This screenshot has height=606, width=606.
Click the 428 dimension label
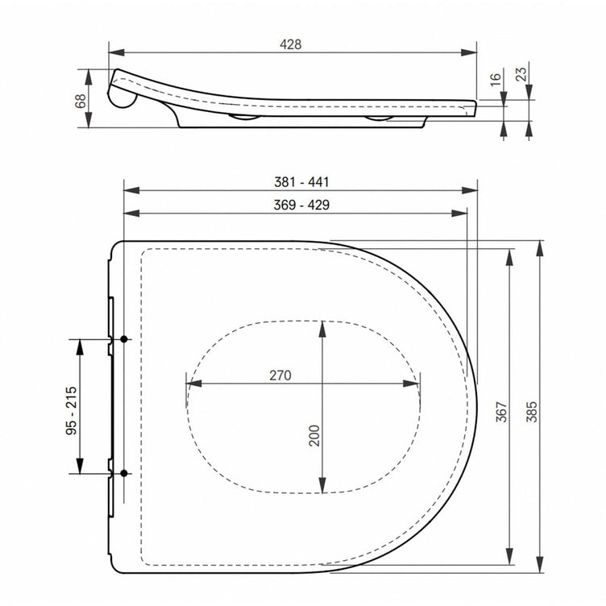pyautogui.click(x=291, y=44)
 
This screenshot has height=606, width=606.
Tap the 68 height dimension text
pyautogui.click(x=81, y=101)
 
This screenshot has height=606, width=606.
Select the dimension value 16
pyautogui.click(x=496, y=79)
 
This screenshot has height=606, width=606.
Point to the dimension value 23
pyautogui.click(x=521, y=74)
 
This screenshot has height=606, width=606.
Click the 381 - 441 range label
pyautogui.click(x=301, y=182)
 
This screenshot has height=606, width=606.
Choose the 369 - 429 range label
pyautogui.click(x=301, y=205)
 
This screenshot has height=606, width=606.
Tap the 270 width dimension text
pyautogui.click(x=280, y=376)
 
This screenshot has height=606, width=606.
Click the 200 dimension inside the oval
pyautogui.click(x=314, y=435)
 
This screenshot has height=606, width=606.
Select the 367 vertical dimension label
pyautogui.click(x=501, y=412)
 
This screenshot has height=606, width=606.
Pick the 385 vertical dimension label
pyautogui.click(x=532, y=412)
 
